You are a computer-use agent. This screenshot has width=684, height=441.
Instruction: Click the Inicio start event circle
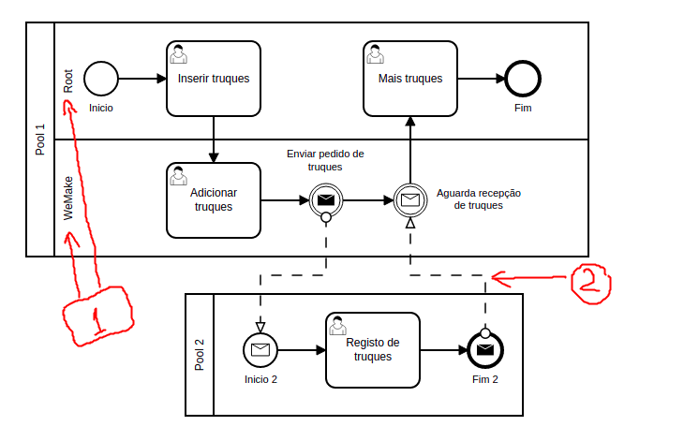99,79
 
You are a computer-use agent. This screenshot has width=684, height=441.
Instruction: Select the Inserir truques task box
214,79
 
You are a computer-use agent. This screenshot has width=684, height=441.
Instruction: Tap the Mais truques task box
409,79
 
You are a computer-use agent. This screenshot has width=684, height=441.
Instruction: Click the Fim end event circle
522,79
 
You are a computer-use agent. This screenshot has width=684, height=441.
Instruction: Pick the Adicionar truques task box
214,199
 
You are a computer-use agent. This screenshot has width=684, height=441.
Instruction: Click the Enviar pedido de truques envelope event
325,199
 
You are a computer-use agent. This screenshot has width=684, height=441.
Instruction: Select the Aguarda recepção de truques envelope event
409,199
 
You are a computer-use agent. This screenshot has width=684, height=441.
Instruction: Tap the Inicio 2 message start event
260,350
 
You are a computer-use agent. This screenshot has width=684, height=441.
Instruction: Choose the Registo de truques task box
372,350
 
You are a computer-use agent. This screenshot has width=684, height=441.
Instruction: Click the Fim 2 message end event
484,350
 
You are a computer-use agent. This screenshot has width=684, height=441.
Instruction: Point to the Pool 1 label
40,139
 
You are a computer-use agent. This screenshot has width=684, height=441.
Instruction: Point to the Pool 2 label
200,355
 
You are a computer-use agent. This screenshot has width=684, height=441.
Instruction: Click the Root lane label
68,81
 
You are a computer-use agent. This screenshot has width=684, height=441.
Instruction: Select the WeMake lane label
68,198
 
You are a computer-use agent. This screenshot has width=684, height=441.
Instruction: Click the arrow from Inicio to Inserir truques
140,79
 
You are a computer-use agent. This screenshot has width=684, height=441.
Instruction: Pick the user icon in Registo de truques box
337,327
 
